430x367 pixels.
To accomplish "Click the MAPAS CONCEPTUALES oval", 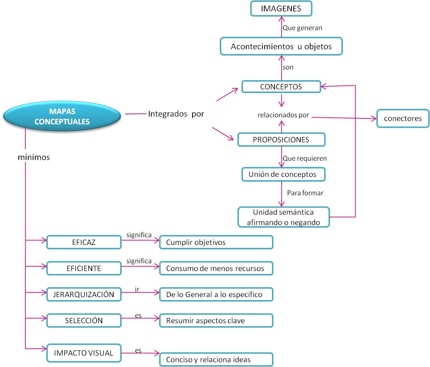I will [x=62, y=116].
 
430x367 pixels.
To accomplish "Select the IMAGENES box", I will [x=281, y=9].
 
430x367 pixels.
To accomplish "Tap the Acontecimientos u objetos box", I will [x=281, y=47].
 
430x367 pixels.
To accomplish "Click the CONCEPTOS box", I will [x=281, y=87].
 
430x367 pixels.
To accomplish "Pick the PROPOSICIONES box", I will [x=281, y=140].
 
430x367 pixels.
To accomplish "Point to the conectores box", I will [x=403, y=118].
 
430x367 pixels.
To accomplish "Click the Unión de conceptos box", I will [x=283, y=174].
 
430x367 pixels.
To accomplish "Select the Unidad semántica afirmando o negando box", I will [x=283, y=217].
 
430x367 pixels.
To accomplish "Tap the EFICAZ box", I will [x=84, y=242].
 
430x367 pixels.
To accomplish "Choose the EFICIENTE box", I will [x=84, y=268].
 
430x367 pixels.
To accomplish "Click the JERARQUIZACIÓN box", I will [x=84, y=295].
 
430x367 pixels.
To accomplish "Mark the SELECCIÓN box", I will [x=84, y=320].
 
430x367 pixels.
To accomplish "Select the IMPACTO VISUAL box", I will [x=84, y=353].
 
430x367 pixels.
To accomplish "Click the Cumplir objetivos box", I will [x=216, y=242].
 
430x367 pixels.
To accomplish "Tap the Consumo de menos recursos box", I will [x=216, y=268].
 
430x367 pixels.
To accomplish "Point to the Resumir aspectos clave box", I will [x=216, y=321].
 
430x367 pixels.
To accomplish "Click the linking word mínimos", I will [x=34, y=157].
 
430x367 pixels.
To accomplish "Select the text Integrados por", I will [x=176, y=114].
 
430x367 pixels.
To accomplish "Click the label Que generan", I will [x=302, y=28].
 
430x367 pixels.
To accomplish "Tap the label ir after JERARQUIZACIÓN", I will [x=137, y=289].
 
